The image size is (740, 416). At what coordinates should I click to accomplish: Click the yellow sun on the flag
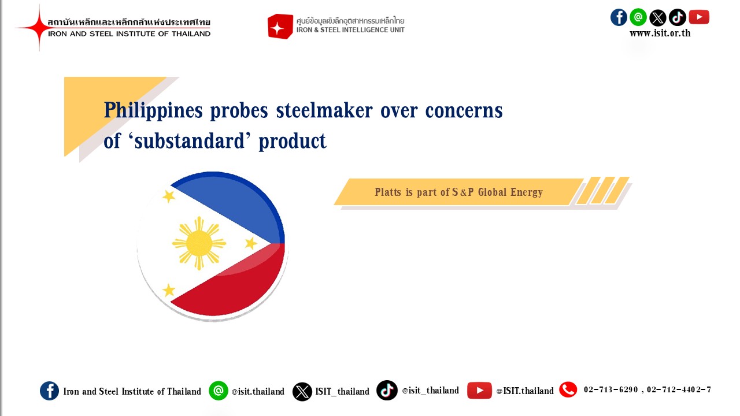[x=199, y=244]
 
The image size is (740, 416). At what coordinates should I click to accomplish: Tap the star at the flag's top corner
[x=169, y=196]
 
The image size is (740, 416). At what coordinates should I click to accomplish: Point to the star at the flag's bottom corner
[x=169, y=290]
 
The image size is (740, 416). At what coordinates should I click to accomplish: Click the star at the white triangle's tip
[x=251, y=244]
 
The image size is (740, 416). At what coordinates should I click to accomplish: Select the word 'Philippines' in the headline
[x=153, y=110]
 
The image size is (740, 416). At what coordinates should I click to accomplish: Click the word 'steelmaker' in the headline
[x=324, y=110]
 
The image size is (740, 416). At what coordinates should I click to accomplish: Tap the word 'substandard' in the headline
[x=189, y=140]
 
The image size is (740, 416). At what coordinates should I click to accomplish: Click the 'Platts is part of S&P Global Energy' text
[x=458, y=192]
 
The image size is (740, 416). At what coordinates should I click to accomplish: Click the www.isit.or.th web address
[x=660, y=34]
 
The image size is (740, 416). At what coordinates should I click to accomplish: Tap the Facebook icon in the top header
[x=619, y=17]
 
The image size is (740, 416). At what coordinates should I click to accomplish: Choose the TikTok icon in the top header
[x=677, y=17]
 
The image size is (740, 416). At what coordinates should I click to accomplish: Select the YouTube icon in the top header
[x=699, y=17]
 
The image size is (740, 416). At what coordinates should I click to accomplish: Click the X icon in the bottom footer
[x=302, y=392]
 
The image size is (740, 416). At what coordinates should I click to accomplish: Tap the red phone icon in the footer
[x=568, y=389]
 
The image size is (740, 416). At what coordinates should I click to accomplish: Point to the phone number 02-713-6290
[x=610, y=389]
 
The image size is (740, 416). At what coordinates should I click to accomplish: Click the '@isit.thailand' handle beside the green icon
[x=258, y=391]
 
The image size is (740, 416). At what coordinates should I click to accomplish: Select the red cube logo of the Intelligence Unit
[x=280, y=27]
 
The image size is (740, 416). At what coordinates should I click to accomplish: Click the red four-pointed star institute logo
[x=39, y=28]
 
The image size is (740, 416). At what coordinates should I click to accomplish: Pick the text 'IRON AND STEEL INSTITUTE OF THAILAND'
[x=129, y=34]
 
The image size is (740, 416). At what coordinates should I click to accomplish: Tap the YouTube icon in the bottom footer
[x=479, y=391]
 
